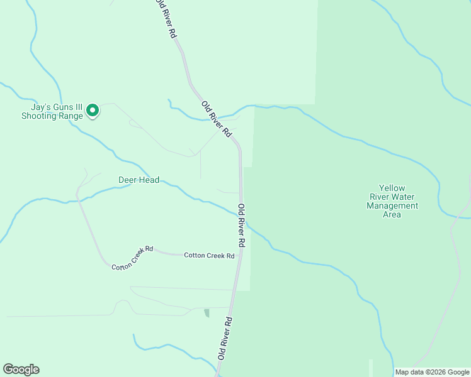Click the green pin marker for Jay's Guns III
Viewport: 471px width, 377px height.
(x=93, y=111)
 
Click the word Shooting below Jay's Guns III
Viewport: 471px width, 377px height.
(x=40, y=116)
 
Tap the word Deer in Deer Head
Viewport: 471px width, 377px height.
(x=128, y=180)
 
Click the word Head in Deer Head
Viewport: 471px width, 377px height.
(x=149, y=180)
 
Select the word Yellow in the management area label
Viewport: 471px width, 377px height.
(x=392, y=188)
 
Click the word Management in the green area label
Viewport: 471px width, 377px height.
(x=392, y=205)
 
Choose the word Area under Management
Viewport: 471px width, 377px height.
(x=392, y=214)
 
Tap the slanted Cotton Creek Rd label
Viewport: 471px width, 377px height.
(x=132, y=258)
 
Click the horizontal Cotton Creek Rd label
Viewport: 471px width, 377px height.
(x=209, y=256)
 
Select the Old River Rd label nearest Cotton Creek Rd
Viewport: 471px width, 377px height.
(x=241, y=225)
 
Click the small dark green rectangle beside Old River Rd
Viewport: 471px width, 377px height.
(x=207, y=313)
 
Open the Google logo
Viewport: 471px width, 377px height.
(x=21, y=369)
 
